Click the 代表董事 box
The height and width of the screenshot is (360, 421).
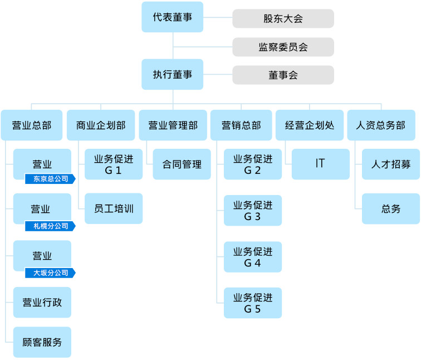pos(173,17)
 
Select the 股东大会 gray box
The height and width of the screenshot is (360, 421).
pos(283,18)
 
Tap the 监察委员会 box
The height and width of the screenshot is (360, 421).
pos(283,47)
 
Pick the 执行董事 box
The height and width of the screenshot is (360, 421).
pos(173,74)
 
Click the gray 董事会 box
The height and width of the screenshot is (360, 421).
pos(283,75)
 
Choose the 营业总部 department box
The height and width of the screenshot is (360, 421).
pos(32,125)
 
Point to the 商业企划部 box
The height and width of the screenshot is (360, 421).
pos(101,125)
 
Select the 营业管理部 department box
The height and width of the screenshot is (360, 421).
pos(173,125)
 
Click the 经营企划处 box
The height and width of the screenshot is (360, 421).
pos(310,125)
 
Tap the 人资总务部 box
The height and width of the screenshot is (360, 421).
pos(381,125)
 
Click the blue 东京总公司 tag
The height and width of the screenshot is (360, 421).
pos(50,179)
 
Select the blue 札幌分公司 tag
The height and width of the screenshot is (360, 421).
pos(50,226)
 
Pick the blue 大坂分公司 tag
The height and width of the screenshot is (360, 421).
pos(50,273)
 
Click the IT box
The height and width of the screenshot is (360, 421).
pos(321,164)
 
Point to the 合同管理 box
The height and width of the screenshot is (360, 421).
pos(182,164)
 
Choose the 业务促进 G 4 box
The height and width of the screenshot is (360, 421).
pos(253,257)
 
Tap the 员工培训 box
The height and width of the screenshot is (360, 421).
pos(114,208)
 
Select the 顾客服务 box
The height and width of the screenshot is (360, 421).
pos(42,342)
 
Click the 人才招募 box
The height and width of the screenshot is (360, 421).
pos(391,164)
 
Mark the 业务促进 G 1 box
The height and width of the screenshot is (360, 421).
pos(114,164)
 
